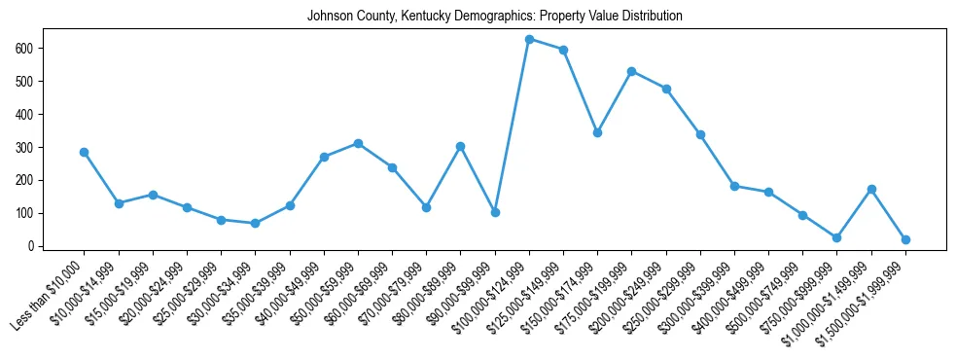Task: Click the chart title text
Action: (494, 17)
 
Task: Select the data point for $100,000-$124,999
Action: (529, 39)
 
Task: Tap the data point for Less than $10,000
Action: (85, 152)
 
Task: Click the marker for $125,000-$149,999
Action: (563, 50)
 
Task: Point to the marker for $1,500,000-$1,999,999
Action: (905, 239)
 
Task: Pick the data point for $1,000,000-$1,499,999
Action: (871, 189)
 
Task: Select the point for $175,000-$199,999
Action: (632, 71)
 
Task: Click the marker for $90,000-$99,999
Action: (495, 212)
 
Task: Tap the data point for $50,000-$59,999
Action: (358, 143)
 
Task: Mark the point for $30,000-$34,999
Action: (255, 224)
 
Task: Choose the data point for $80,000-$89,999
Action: (461, 146)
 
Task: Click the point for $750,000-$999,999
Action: (836, 237)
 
